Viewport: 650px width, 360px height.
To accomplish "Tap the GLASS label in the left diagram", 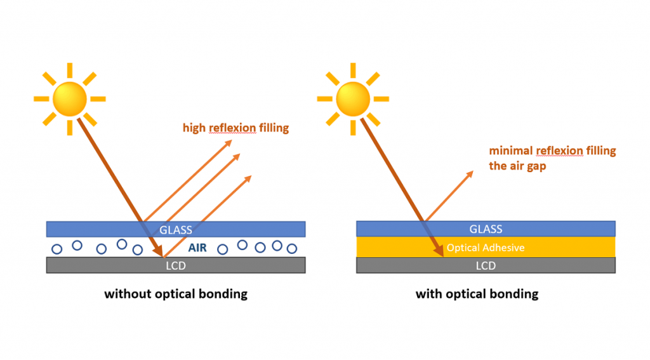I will click(x=176, y=229).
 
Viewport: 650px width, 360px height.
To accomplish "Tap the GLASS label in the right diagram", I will click(x=486, y=229).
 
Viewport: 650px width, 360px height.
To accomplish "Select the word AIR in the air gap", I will click(x=197, y=248).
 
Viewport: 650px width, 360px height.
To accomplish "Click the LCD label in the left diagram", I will click(x=176, y=265).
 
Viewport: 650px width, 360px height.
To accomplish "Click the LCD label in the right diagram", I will click(x=486, y=265).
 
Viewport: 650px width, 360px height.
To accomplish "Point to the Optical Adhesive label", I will click(x=486, y=248).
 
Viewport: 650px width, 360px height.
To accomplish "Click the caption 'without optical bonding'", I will click(x=176, y=294).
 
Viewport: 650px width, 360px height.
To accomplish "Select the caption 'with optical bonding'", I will click(x=477, y=294).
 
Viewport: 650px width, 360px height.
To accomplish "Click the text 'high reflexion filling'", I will click(x=235, y=128).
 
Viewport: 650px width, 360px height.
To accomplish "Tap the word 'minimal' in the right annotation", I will click(x=511, y=151).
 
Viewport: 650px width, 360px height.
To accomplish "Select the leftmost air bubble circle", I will click(x=56, y=248).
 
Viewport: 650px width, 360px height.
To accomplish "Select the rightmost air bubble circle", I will click(x=292, y=249).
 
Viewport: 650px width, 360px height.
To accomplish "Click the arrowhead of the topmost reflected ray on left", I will click(x=230, y=139).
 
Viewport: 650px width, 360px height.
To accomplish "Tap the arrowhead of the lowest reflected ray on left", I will click(x=249, y=177).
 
